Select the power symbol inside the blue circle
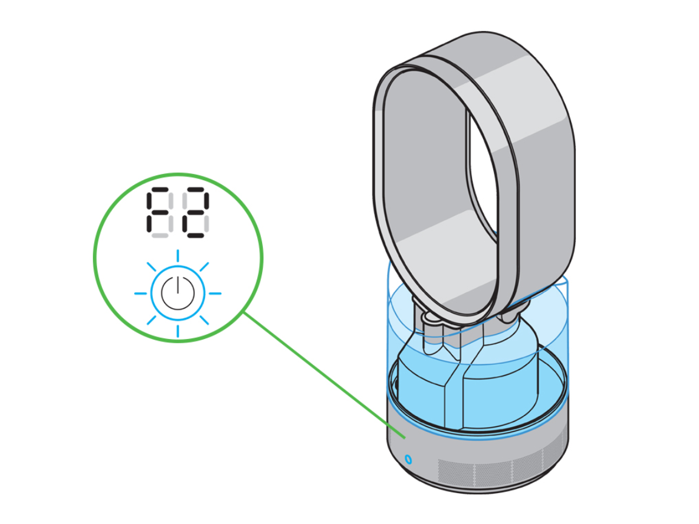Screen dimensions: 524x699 [x=178, y=294]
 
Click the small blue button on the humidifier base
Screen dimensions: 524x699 [x=408, y=457]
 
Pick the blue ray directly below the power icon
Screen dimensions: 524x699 [x=178, y=331]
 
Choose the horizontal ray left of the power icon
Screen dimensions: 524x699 [x=141, y=294]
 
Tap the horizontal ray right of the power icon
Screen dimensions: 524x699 [x=215, y=294]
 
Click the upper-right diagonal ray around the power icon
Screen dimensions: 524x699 [x=204, y=266]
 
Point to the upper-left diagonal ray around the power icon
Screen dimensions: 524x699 [x=151, y=267]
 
